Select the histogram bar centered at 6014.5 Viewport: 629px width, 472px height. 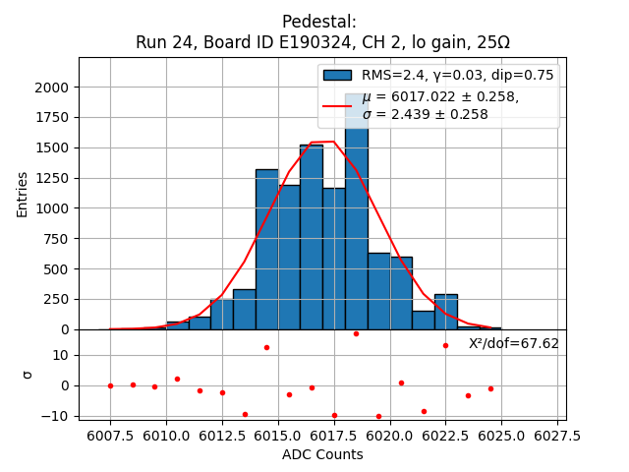click(x=267, y=251)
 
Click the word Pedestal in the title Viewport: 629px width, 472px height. click(x=319, y=22)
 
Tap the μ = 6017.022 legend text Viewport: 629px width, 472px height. click(x=440, y=97)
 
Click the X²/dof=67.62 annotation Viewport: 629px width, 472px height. click(x=513, y=343)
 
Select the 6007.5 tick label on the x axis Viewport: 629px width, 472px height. click(x=110, y=435)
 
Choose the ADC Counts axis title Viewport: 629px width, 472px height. click(x=322, y=454)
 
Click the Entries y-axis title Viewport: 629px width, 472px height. click(x=23, y=194)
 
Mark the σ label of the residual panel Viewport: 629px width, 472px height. click(x=27, y=375)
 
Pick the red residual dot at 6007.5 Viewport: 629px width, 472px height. click(x=110, y=385)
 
